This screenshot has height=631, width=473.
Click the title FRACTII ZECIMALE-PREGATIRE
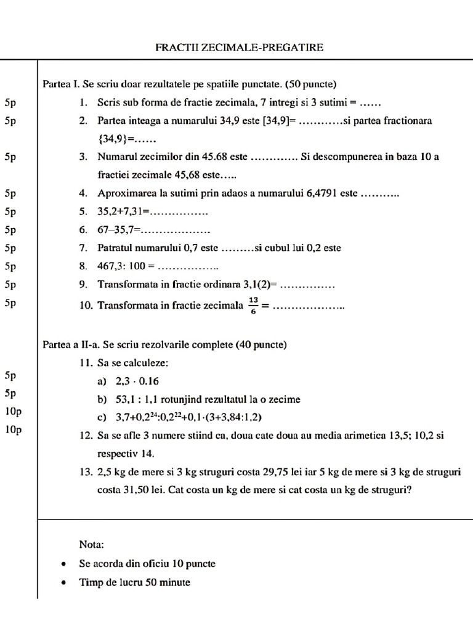[239, 47]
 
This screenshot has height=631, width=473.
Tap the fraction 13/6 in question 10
[254, 304]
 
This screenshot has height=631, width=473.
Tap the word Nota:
[92, 545]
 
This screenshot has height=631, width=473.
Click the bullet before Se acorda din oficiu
[63, 564]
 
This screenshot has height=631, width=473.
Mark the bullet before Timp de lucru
[63, 582]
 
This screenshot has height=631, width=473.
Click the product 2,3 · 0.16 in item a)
[137, 381]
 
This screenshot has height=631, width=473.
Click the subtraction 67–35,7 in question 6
[118, 230]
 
